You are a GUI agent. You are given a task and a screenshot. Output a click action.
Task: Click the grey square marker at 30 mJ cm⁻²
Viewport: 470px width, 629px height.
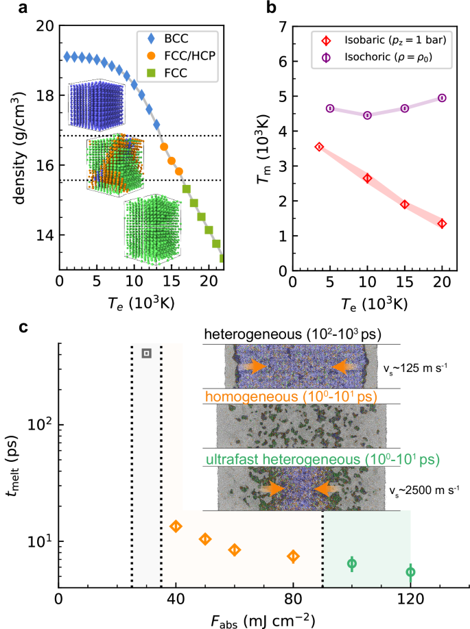[x=146, y=353]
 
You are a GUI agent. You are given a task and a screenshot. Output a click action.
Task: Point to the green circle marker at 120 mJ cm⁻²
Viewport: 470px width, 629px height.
[x=410, y=571]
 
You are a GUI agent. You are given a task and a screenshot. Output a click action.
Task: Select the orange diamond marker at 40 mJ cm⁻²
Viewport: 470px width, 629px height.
[x=176, y=526]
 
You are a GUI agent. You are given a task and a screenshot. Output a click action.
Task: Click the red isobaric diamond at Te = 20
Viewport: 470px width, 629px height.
[x=442, y=223]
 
